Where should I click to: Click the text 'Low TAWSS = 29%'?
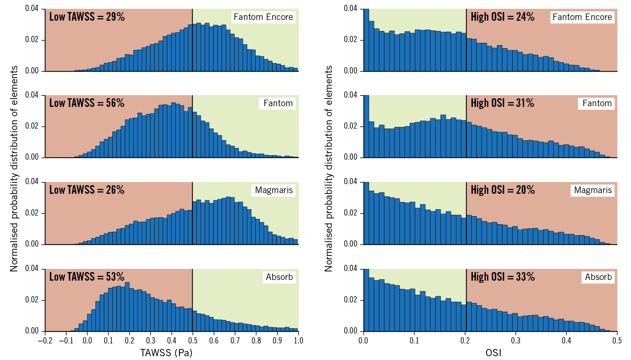click(87, 17)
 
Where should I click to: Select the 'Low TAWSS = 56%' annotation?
click(87, 103)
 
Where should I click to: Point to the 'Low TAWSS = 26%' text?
click(87, 190)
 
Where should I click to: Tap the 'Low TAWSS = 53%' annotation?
click(87, 277)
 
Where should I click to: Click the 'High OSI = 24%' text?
click(502, 17)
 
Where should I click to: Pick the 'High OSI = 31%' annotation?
click(502, 103)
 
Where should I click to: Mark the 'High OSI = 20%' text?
click(503, 190)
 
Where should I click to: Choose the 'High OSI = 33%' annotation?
click(503, 277)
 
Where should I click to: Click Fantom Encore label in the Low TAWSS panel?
click(263, 17)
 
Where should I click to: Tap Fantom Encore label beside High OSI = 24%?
click(582, 17)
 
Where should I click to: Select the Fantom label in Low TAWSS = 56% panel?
click(278, 103)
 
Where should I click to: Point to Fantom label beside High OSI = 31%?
click(597, 103)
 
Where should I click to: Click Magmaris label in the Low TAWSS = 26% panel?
click(274, 190)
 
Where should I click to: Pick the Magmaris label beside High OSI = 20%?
click(593, 190)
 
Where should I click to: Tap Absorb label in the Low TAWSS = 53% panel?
click(279, 277)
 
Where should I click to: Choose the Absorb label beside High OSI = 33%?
click(598, 277)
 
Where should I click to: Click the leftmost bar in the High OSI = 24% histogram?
click(367, 40)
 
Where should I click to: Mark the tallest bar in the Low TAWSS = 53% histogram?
click(127, 307)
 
